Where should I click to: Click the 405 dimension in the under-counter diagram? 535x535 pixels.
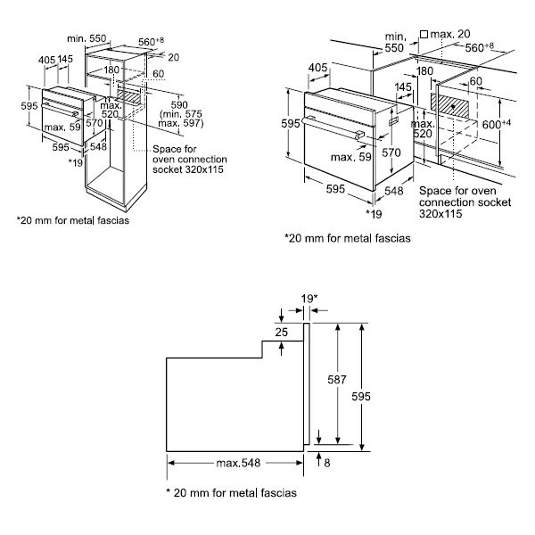pyautogui.click(x=316, y=67)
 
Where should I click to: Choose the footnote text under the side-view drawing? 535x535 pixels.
pyautogui.click(x=231, y=492)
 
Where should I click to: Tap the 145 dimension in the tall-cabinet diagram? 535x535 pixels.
pyautogui.click(x=65, y=59)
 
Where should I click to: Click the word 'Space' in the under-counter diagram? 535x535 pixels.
pyautogui.click(x=436, y=191)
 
